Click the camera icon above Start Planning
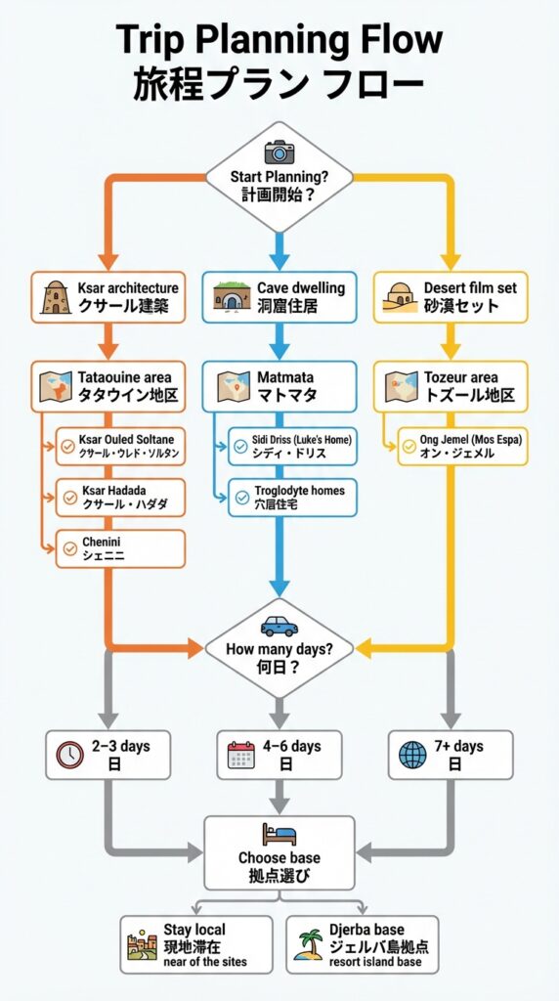(x=279, y=152)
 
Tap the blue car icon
(x=279, y=627)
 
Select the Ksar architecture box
(x=107, y=297)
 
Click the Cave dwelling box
(x=279, y=297)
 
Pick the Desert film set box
(x=450, y=297)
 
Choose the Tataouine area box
(x=107, y=386)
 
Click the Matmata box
(x=279, y=386)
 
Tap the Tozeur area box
(x=450, y=386)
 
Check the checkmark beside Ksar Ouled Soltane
(x=67, y=447)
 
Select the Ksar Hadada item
(x=120, y=497)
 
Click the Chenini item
(x=120, y=548)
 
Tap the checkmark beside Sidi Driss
(x=240, y=447)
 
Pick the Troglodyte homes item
(x=291, y=497)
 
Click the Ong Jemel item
(x=462, y=447)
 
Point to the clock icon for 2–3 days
(x=69, y=755)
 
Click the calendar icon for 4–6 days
(x=240, y=755)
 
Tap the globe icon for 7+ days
(x=413, y=755)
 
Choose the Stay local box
(x=195, y=944)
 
